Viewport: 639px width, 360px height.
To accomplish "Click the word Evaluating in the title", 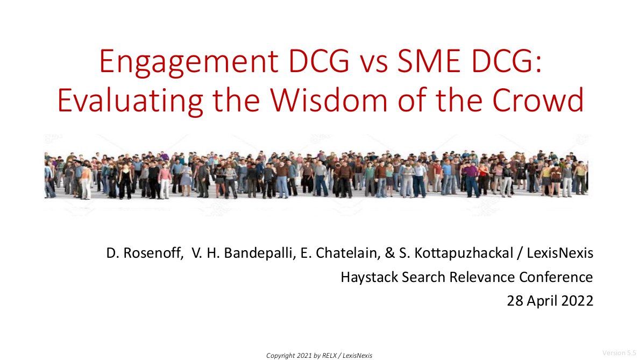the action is point(130,101).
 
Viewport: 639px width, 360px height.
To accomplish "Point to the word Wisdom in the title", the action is point(329,100).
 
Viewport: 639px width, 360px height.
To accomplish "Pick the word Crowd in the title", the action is point(538,100).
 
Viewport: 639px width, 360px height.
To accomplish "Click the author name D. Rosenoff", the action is point(144,253).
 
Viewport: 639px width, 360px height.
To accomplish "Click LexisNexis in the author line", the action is point(560,253).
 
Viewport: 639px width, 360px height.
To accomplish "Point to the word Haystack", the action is point(370,277).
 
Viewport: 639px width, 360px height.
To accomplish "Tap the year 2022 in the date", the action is point(578,301).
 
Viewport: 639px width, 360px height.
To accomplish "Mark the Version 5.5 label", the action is point(619,352).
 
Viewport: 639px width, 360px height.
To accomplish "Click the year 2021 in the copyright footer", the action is point(305,356).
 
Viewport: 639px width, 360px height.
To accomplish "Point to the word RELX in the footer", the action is point(329,356).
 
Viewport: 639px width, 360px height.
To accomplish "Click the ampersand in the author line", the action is point(390,253).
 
